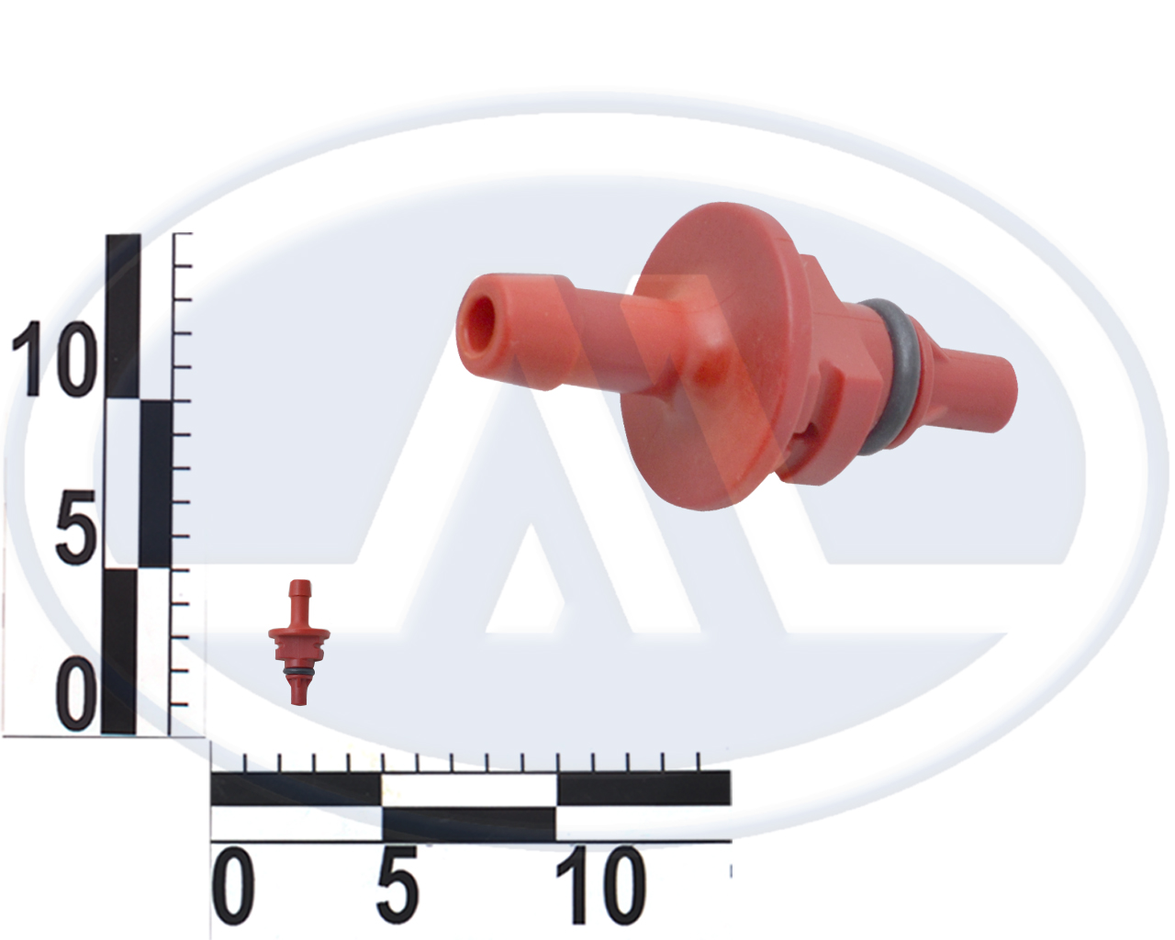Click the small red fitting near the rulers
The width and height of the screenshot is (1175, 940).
(x=298, y=642)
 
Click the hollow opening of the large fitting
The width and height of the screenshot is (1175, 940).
(x=480, y=327)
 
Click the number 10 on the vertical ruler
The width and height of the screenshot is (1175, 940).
(x=54, y=358)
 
